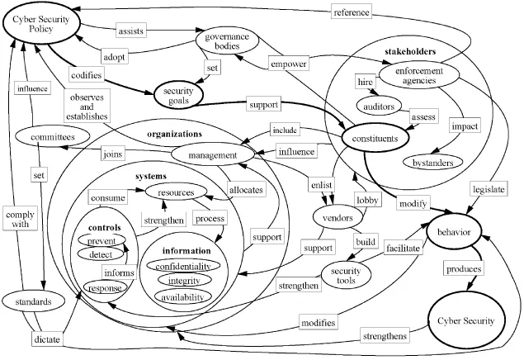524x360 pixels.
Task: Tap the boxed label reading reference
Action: click(x=352, y=12)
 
